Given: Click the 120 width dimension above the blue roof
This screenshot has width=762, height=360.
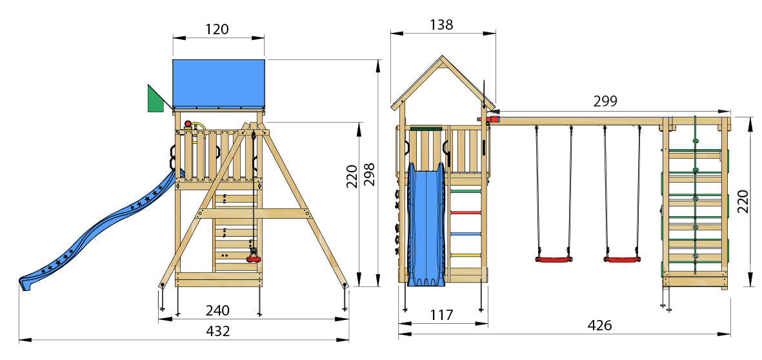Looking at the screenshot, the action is click(x=217, y=29).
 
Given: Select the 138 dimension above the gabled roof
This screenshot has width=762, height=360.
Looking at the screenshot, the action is click(x=442, y=25).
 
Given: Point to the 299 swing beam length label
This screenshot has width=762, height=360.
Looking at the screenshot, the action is click(x=605, y=101).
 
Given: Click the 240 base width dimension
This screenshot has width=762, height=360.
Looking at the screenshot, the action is click(x=217, y=310).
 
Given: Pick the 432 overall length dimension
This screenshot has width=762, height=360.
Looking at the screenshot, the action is click(x=217, y=332).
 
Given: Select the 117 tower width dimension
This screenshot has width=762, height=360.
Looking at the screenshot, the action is click(x=442, y=315).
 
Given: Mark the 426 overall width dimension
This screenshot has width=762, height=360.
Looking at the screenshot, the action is click(x=599, y=326).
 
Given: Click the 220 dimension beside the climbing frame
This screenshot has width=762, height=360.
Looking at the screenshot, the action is click(x=743, y=201).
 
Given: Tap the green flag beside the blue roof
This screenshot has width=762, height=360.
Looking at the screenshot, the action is click(x=155, y=99).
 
